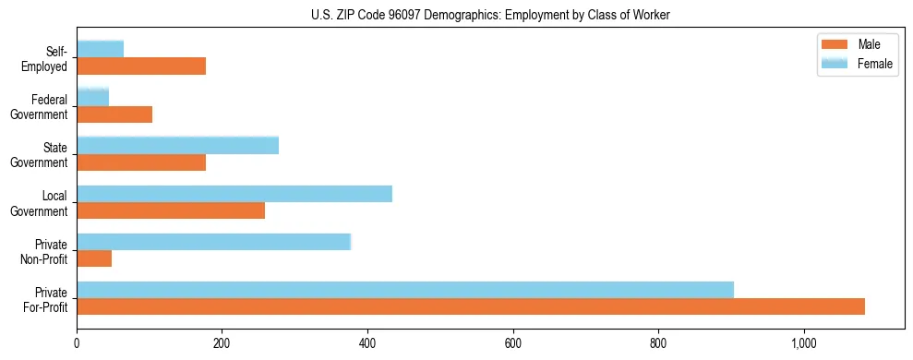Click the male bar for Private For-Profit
click(x=471, y=306)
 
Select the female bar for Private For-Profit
click(x=405, y=290)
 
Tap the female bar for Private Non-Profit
click(x=213, y=242)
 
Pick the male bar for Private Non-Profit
click(x=94, y=258)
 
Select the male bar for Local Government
click(x=171, y=210)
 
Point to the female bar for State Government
click(x=177, y=145)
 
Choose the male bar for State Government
click(x=141, y=162)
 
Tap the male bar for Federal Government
click(x=114, y=114)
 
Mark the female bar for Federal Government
click(x=93, y=97)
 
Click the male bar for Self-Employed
click(x=141, y=66)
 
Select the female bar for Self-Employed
click(x=101, y=49)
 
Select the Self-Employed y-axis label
click(x=49, y=58)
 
